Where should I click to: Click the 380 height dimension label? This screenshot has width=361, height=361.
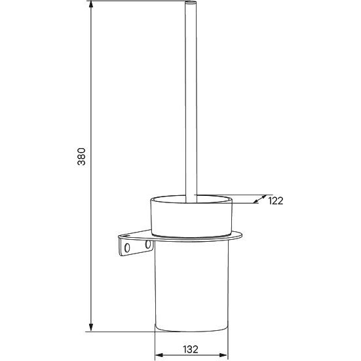[x=81, y=157]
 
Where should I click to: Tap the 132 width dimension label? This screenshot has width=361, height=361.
[x=191, y=349]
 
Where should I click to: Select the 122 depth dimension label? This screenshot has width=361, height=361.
[x=276, y=201]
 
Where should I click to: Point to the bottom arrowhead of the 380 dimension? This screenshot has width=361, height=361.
[x=91, y=327]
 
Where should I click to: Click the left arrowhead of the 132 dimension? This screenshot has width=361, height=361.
[x=159, y=355]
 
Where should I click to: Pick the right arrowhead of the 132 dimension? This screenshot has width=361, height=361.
[x=223, y=355]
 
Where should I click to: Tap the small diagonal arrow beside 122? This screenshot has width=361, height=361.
[x=259, y=199]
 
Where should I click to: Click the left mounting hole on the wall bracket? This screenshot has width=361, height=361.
[x=127, y=248]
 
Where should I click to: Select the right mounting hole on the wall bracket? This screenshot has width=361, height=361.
[x=148, y=244]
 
